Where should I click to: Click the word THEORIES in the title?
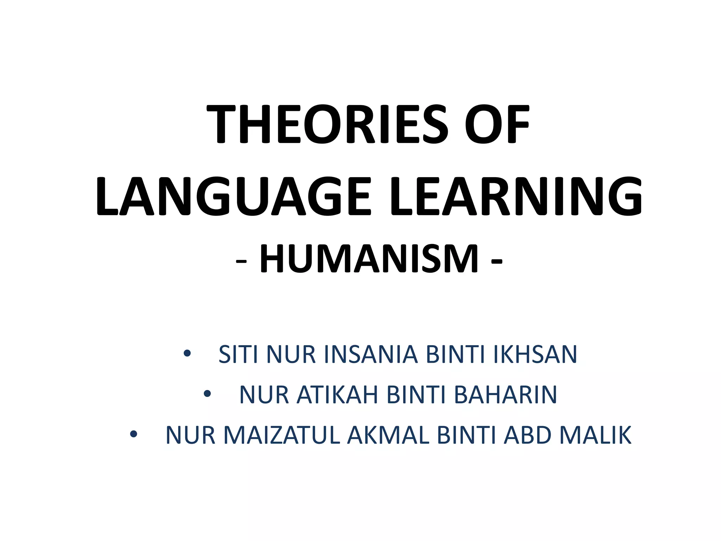pos(327,124)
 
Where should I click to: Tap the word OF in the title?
pos(497,124)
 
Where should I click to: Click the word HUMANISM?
pos(369,259)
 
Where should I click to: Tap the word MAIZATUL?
pos(282,435)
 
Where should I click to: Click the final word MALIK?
pos(595,435)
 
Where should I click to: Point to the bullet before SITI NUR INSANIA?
pos(187,353)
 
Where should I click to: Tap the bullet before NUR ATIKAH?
pos(207,394)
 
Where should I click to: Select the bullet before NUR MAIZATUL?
pos(133,434)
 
